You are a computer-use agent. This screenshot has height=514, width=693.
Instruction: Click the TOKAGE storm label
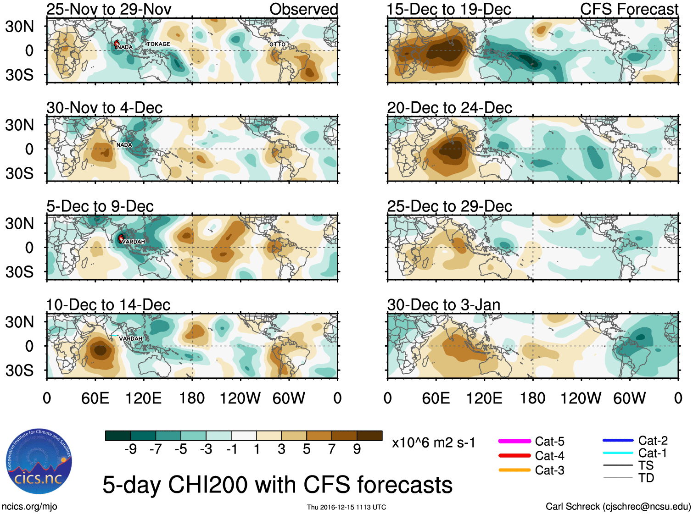pyautogui.click(x=158, y=44)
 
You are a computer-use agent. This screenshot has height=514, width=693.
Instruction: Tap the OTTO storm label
pyautogui.click(x=277, y=44)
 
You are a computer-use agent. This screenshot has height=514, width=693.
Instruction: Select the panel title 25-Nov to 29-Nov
pyautogui.click(x=109, y=9)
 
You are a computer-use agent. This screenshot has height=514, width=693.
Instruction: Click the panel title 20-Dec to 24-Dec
pyautogui.click(x=449, y=108)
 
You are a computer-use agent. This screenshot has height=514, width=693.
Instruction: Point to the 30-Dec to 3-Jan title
pyautogui.click(x=443, y=305)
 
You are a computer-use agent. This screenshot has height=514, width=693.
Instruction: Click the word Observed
pyautogui.click(x=303, y=9)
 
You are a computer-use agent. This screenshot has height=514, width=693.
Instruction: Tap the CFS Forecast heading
pyautogui.click(x=629, y=9)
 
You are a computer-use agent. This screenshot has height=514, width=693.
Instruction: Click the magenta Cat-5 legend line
pyautogui.click(x=514, y=441)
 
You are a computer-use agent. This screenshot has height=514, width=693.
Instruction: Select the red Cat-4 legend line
pyautogui.click(x=514, y=456)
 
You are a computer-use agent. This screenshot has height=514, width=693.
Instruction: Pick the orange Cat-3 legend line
pyautogui.click(x=514, y=470)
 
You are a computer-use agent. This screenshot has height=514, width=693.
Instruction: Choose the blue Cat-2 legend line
pyautogui.click(x=618, y=441)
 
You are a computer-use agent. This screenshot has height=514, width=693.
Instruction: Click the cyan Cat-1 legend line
pyautogui.click(x=618, y=453)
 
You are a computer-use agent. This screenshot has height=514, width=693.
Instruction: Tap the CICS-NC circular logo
pyautogui.click(x=39, y=461)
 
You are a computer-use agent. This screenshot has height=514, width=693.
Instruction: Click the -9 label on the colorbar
pyautogui.click(x=130, y=449)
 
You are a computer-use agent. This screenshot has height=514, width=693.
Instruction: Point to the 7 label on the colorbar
pyautogui.click(x=332, y=449)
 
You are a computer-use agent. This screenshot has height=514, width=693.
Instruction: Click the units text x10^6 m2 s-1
pyautogui.click(x=433, y=443)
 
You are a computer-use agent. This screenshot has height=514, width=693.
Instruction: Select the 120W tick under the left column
pyautogui.click(x=240, y=398)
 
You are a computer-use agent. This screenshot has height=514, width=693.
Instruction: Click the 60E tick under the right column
pyautogui.click(x=436, y=398)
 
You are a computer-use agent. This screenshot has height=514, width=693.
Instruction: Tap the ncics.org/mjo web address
pyautogui.click(x=29, y=507)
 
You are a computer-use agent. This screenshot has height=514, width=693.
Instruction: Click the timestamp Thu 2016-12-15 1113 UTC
pyautogui.click(x=346, y=507)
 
